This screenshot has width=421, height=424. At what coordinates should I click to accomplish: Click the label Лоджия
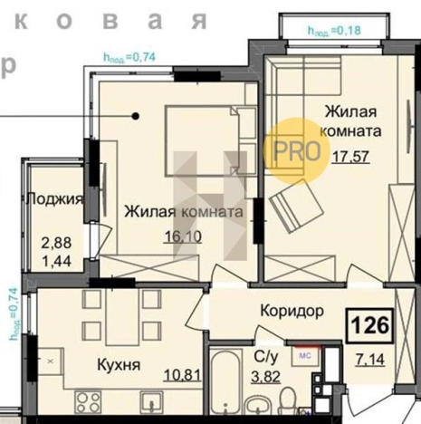click(56, 199)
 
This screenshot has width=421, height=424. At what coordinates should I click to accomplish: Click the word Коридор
click(292, 312)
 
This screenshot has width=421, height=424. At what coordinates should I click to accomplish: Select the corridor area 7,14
click(372, 361)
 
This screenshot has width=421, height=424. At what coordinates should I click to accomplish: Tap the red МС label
click(306, 355)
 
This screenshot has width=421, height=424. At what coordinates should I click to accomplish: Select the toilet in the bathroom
click(288, 399)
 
